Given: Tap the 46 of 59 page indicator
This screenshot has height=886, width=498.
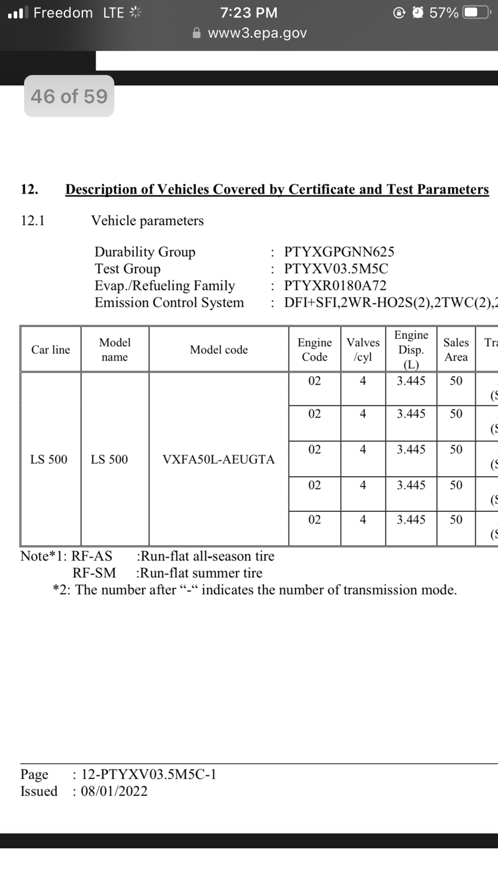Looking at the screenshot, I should pyautogui.click(x=69, y=96).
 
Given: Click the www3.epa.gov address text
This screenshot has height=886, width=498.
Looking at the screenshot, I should pyautogui.click(x=257, y=33).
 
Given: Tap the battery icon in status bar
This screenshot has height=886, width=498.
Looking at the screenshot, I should pyautogui.click(x=475, y=12).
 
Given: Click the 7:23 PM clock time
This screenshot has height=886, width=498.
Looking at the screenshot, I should pyautogui.click(x=249, y=12).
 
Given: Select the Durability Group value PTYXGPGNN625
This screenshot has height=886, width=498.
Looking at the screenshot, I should pyautogui.click(x=339, y=252).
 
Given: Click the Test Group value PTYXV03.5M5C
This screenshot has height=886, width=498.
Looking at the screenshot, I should pyautogui.click(x=336, y=269).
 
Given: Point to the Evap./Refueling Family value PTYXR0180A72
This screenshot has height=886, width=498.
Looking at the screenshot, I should pyautogui.click(x=335, y=286).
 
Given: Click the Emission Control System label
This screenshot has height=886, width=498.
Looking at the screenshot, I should pyautogui.click(x=169, y=303).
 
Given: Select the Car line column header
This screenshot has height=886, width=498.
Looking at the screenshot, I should pyautogui.click(x=51, y=350).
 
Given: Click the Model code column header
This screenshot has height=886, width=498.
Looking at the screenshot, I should pyautogui.click(x=219, y=350).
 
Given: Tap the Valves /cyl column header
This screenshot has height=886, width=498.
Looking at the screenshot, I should pyautogui.click(x=363, y=350).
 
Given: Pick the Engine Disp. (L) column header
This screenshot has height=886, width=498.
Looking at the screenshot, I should pyautogui.click(x=411, y=350).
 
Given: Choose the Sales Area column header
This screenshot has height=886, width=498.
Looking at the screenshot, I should pyautogui.click(x=456, y=350).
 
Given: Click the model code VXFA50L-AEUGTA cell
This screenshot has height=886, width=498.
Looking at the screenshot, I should pyautogui.click(x=218, y=459).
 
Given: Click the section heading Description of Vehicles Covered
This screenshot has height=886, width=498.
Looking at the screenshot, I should pyautogui.click(x=277, y=190).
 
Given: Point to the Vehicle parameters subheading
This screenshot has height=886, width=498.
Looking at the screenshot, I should pyautogui.click(x=147, y=221).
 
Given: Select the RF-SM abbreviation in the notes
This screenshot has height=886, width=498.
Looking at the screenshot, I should pyautogui.click(x=94, y=573).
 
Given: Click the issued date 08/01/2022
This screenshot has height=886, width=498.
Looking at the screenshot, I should pyautogui.click(x=114, y=791).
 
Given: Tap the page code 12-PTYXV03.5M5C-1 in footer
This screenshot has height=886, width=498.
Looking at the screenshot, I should pyautogui.click(x=149, y=774).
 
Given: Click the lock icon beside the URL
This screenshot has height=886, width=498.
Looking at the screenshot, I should pyautogui.click(x=197, y=33).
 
